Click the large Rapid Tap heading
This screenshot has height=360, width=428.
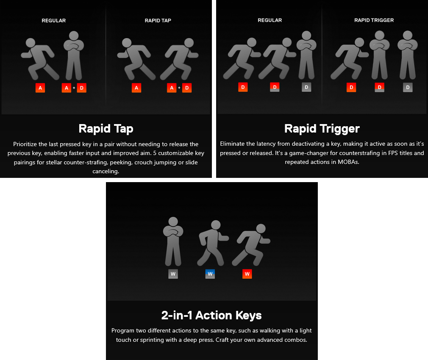106,129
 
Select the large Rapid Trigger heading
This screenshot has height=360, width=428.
322,129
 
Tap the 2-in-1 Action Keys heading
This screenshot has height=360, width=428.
211,315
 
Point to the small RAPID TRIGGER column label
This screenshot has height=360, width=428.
374,20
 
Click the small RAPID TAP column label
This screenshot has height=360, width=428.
158,20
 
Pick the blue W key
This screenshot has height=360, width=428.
210,274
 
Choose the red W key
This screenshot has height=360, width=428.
247,274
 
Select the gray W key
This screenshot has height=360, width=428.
173,274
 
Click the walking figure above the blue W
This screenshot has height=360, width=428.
213,243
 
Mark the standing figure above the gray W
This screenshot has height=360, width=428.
173,241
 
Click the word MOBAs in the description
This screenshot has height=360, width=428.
348,162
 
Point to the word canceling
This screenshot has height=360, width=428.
106,172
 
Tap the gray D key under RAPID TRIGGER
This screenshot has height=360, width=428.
408,87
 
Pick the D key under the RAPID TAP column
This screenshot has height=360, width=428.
187,88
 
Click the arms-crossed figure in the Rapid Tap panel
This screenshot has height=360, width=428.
74,55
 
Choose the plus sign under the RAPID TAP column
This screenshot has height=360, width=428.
179,88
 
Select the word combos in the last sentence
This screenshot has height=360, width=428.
296,340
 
